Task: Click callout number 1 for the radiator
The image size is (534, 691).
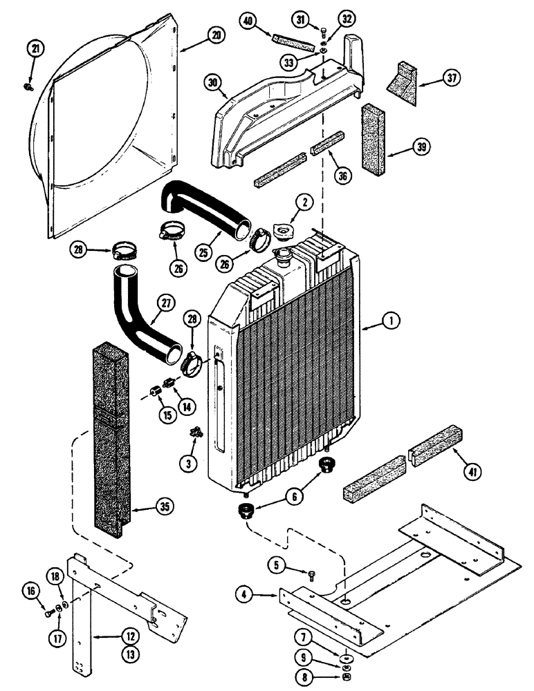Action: point(392,320)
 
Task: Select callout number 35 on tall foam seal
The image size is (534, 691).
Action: point(165,508)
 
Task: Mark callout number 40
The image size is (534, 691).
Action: point(248,21)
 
